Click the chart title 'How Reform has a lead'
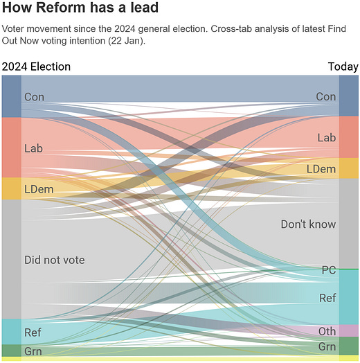[80, 9]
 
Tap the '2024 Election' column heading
[36, 67]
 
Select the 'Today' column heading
[343, 67]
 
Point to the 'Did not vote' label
[54, 260]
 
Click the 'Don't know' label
[308, 224]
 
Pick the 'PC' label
[329, 269]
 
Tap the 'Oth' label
[327, 332]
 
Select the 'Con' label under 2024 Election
[34, 97]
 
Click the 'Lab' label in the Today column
[327, 138]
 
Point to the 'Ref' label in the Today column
[327, 298]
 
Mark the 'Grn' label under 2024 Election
[33, 351]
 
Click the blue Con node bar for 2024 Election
[11, 96]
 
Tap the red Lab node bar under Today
[349, 137]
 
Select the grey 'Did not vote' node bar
[11, 259]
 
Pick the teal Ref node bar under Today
[349, 297]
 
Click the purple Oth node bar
[349, 331]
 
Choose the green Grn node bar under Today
[349, 346]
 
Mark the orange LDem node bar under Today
[349, 168]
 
